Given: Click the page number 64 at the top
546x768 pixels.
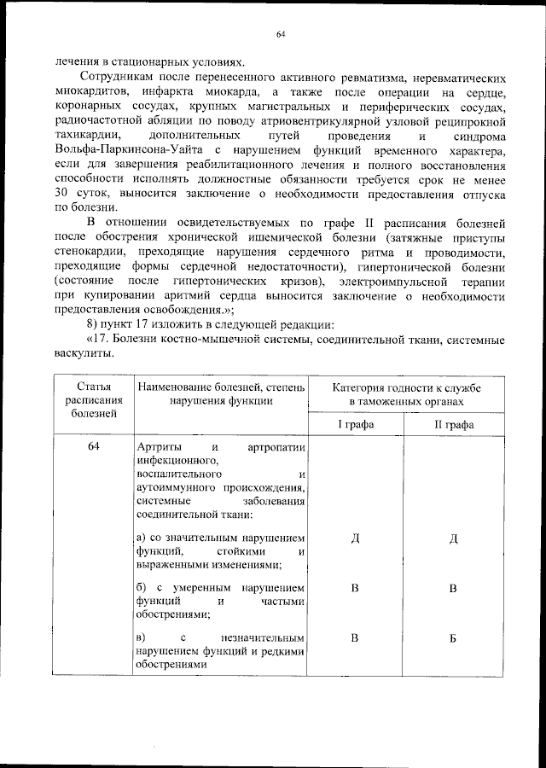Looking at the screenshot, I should (x=280, y=34).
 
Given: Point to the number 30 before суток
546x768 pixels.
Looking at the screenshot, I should (x=63, y=192).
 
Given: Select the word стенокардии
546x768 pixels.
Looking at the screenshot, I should (x=90, y=254).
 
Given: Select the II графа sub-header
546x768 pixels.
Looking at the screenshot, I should (x=454, y=424).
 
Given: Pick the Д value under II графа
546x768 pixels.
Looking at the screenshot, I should (x=454, y=538).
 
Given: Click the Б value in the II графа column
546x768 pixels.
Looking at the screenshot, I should (x=454, y=638).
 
